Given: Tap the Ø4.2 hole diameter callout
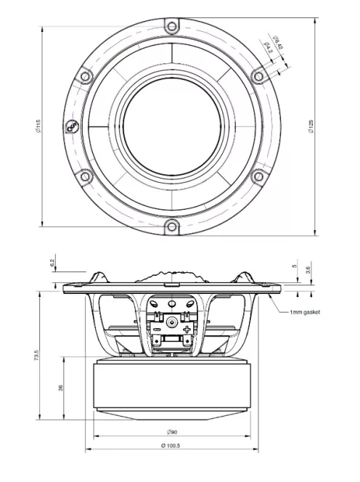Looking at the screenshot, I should coord(268,48).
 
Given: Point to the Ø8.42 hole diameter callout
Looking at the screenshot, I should coord(277,40).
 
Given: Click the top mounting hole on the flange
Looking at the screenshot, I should coord(171,27).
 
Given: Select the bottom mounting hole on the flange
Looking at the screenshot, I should coord(171,226).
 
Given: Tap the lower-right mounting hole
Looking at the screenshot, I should coord(258,176).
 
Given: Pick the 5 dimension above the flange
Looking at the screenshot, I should coord(294,266).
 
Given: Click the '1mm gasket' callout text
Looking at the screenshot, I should coord(304,312).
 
